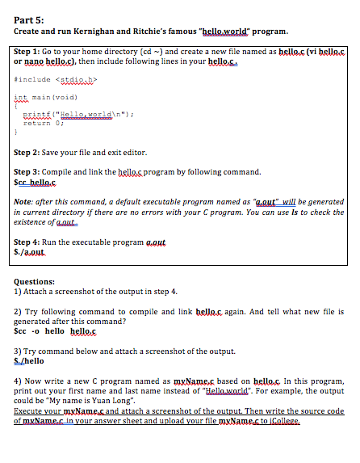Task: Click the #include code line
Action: [52, 79]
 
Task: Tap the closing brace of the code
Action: [15, 132]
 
